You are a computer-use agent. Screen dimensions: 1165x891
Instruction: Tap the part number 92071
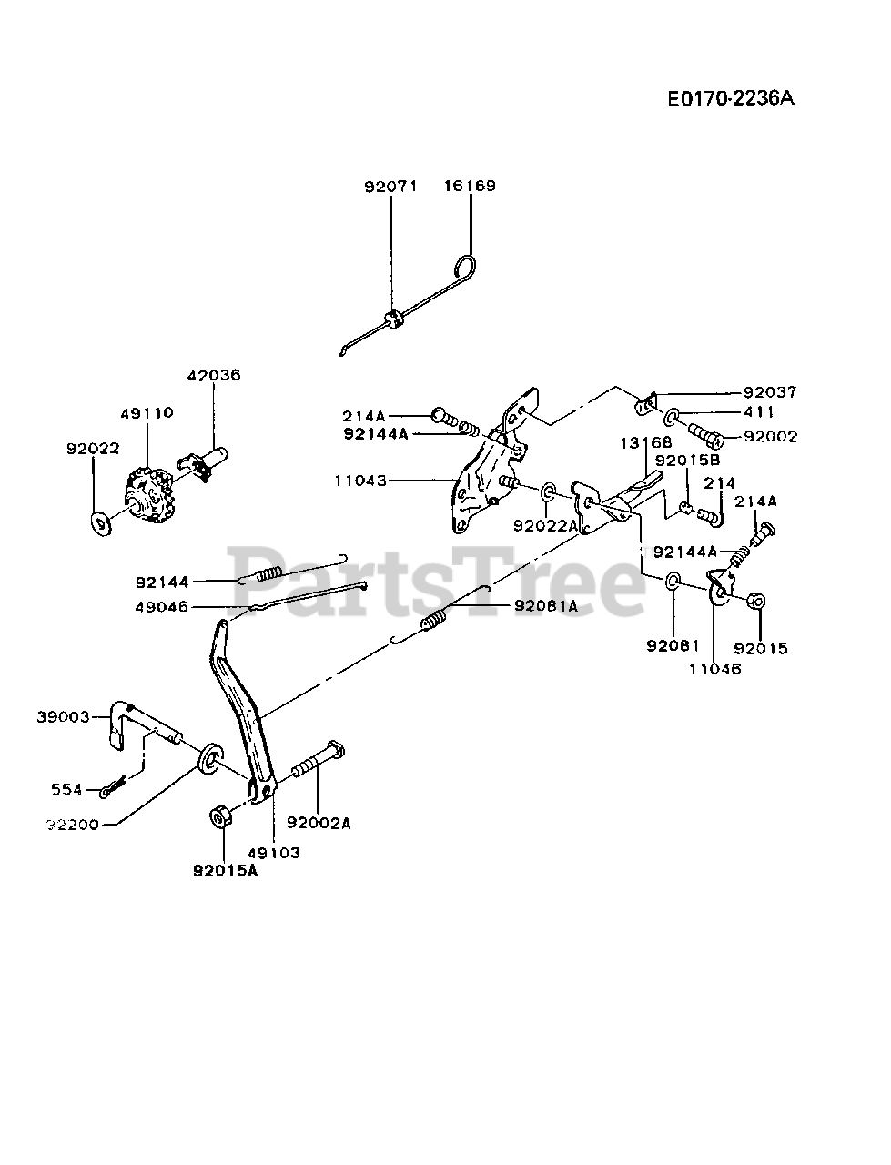390,187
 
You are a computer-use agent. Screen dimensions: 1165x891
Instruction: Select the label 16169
470,187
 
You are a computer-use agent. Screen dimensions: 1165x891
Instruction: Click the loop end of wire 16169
465,267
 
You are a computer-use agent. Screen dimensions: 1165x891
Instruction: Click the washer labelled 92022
99,522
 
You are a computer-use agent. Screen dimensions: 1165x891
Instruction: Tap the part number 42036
214,375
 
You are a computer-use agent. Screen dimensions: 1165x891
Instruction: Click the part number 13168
647,442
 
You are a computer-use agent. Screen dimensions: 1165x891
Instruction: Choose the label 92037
770,392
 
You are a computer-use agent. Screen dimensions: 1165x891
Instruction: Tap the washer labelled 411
672,416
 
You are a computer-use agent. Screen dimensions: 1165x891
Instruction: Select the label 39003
64,717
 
